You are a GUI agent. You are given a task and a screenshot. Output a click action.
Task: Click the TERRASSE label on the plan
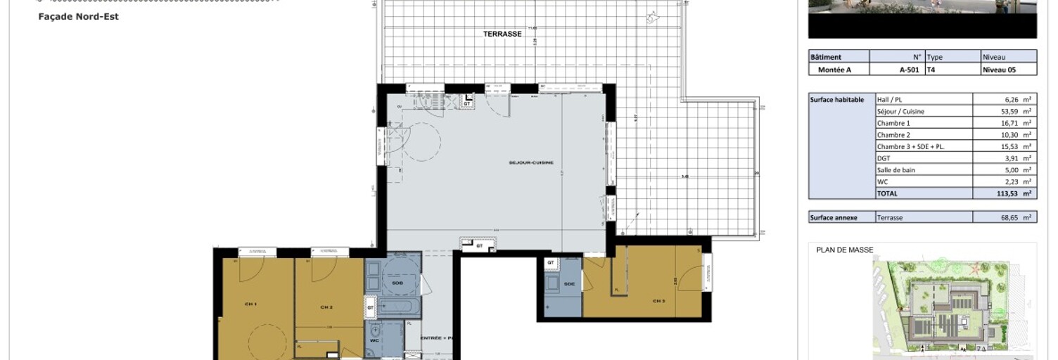pos(502,34)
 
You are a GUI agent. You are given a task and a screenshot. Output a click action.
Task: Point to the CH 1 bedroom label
pos(250,304)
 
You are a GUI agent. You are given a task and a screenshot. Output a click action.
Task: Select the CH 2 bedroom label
pos(326,307)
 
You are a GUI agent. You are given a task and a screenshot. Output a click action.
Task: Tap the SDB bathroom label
pos(387,282)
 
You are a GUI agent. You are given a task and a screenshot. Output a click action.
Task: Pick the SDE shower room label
pos(569,284)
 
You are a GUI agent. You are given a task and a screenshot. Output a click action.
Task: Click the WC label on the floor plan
pos(374,340)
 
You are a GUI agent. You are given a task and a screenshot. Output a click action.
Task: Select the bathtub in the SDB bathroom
pos(399,307)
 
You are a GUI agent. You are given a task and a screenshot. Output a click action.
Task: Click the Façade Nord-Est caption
pos(78,16)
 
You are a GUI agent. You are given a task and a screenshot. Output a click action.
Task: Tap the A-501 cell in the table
pos(910,70)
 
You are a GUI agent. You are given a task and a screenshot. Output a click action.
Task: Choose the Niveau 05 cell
pos(1000,70)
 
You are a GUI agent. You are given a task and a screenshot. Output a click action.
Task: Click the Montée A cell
pos(834,70)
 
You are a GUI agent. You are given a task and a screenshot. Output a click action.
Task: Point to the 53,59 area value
pos(1002,111)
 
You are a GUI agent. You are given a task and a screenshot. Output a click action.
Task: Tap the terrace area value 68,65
pos(1002,218)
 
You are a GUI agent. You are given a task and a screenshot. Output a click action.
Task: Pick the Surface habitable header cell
pos(836,100)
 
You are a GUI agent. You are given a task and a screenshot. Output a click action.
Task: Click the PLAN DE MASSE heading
pos(844,250)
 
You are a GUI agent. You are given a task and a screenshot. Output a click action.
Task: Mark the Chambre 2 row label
pos(893,135)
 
